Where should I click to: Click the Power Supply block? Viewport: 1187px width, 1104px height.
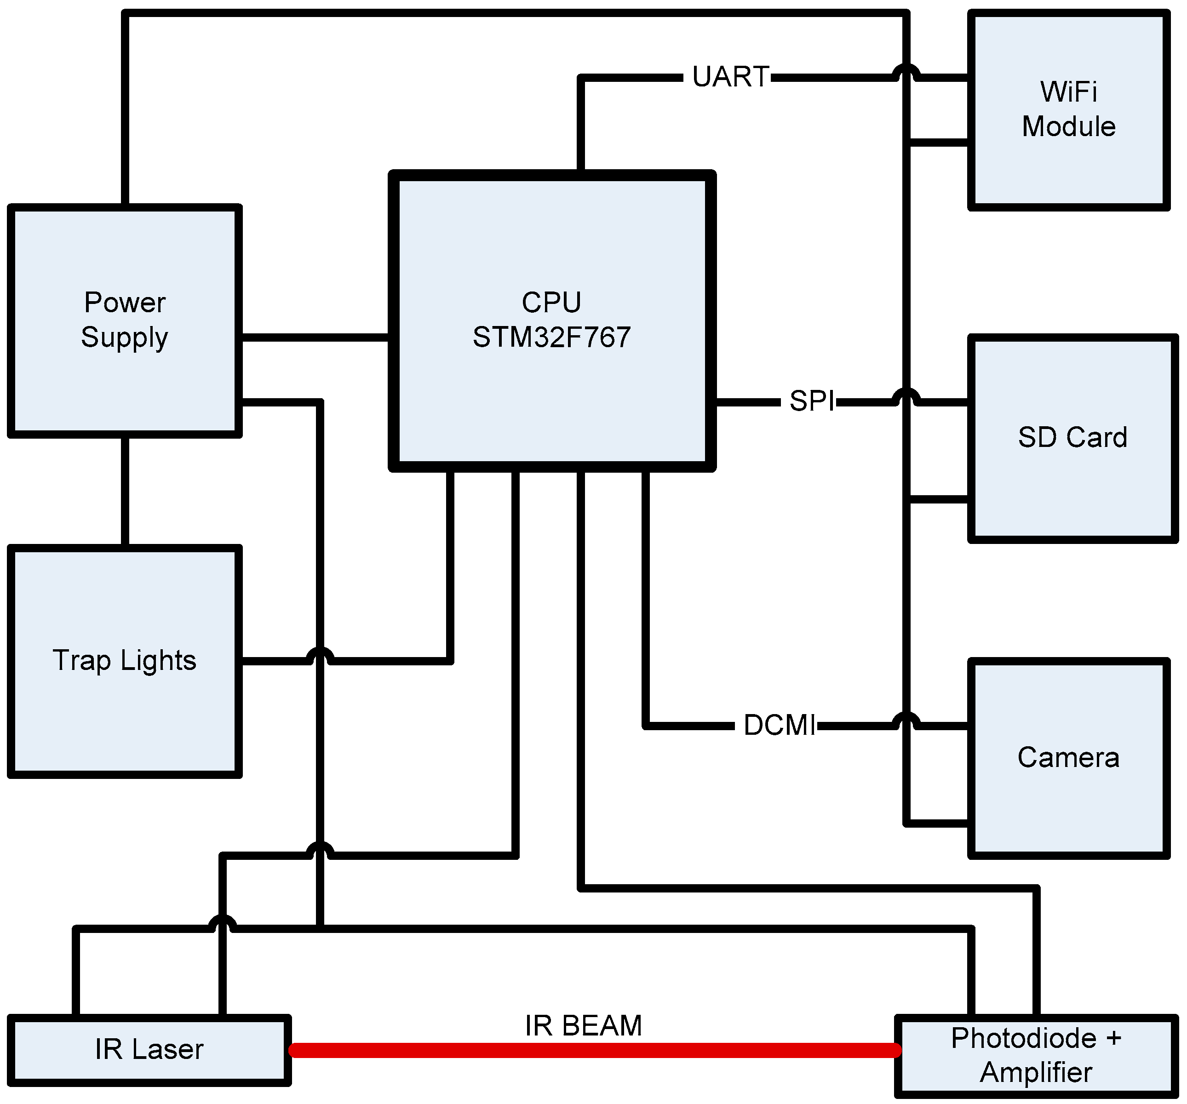(x=124, y=320)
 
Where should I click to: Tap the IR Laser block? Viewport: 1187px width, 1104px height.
(x=149, y=1050)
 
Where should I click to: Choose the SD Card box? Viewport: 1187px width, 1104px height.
(x=1072, y=438)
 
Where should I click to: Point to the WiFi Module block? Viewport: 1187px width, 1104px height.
(x=1068, y=110)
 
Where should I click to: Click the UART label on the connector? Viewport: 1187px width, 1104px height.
(x=730, y=77)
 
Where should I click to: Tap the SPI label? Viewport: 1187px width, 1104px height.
(x=811, y=401)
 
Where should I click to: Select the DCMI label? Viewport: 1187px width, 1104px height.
(x=779, y=726)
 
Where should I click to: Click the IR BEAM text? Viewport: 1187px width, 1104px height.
(x=583, y=1026)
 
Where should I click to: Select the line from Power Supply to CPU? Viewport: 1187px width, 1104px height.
(x=315, y=338)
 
